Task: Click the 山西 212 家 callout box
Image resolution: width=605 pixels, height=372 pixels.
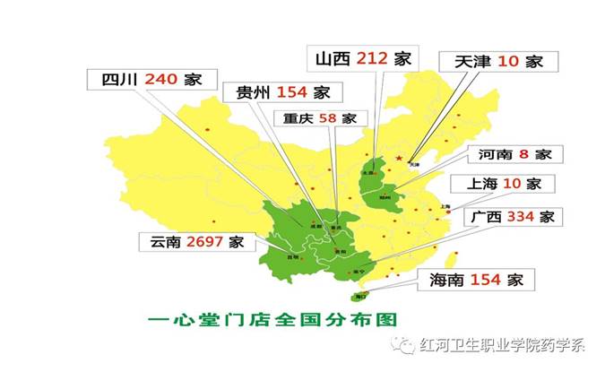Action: coord(363,59)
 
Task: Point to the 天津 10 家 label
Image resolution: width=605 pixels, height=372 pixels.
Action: coord(499,62)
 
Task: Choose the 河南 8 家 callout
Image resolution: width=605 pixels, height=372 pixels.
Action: coord(514,154)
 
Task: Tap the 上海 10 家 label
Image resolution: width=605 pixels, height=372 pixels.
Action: coord(506,185)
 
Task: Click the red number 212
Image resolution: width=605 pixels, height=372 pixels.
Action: coord(372,59)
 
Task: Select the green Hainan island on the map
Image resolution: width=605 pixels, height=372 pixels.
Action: coord(362,295)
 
